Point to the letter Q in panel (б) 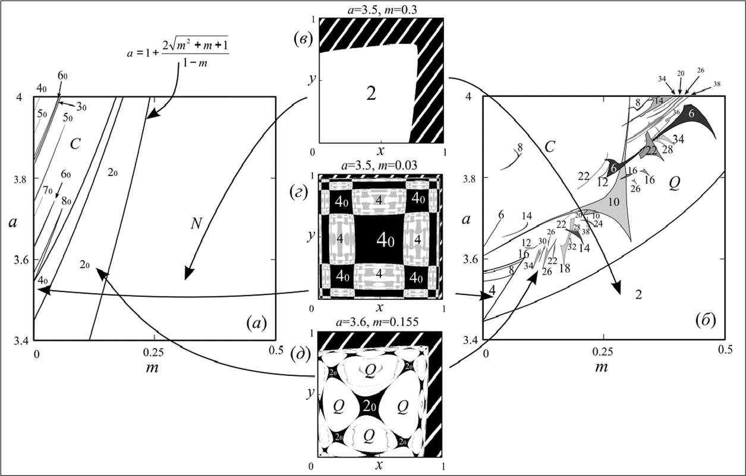pos(673,184)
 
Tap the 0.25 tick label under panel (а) pos(153,352)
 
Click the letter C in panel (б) pos(550,146)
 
